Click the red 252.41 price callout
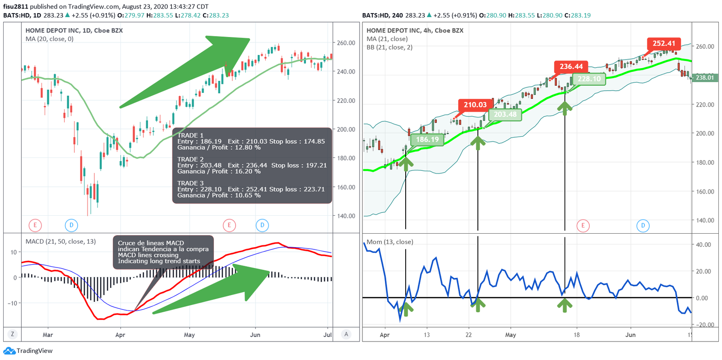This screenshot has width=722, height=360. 664,43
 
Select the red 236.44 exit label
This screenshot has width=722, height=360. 571,66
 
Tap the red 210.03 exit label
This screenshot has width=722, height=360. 475,105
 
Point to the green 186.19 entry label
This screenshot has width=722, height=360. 427,139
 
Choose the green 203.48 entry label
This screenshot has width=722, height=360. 505,115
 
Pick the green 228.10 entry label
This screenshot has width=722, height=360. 589,79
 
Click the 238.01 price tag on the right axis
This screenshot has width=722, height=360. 704,78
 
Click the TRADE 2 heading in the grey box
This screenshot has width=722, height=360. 190,159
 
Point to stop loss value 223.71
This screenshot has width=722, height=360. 314,189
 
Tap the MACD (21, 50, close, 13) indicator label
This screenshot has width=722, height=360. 60,241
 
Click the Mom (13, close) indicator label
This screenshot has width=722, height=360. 389,242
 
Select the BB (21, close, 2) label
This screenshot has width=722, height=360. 389,47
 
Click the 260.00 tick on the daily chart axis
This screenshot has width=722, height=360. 346,43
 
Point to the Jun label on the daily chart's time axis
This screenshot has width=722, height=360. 255,335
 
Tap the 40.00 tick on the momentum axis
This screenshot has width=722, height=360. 703,245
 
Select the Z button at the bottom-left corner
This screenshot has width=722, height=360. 12,334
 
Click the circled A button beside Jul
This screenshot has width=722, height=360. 346,334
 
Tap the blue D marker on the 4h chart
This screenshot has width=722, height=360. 643,226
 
